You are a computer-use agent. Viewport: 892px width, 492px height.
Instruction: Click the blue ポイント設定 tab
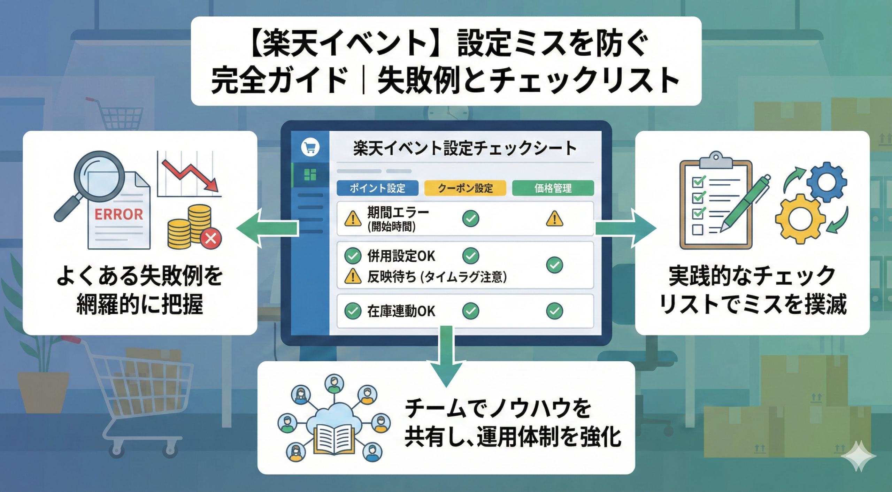(x=377, y=188)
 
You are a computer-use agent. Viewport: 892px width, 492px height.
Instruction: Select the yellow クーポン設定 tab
(x=465, y=188)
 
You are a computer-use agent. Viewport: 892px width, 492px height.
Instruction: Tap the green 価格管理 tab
(x=553, y=188)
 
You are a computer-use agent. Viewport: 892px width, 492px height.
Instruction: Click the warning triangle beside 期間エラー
(x=353, y=219)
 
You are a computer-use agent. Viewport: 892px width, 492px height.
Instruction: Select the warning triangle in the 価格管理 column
(x=554, y=219)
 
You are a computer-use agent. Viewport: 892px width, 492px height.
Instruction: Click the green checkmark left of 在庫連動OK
(x=353, y=311)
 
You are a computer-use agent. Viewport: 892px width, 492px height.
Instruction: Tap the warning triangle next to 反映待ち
(x=353, y=277)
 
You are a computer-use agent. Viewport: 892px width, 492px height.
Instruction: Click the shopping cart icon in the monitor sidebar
(x=310, y=147)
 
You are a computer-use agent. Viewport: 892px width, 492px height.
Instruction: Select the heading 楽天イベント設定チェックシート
(x=465, y=148)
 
